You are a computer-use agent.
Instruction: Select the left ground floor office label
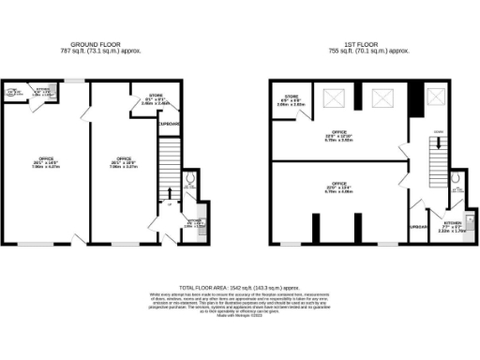[x=45, y=161]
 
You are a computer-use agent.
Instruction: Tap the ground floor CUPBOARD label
[x=169, y=124]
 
